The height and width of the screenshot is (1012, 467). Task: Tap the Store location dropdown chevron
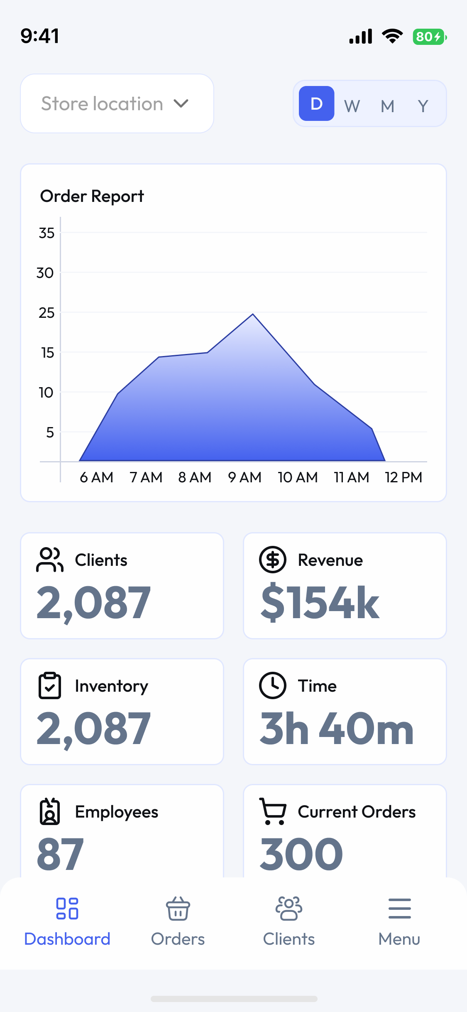pyautogui.click(x=181, y=103)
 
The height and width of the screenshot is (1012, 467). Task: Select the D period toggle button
pyautogui.click(x=316, y=103)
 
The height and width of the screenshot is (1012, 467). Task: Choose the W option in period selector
pyautogui.click(x=352, y=106)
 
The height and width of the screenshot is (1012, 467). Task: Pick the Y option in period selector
pyautogui.click(x=423, y=106)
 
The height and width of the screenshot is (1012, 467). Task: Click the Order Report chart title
pyautogui.click(x=92, y=196)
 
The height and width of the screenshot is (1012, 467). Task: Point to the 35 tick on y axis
pyautogui.click(x=46, y=233)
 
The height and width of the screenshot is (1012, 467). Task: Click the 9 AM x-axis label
pyautogui.click(x=245, y=477)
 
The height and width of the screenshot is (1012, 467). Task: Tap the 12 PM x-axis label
pyautogui.click(x=403, y=477)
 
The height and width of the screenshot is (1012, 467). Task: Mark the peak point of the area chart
pyautogui.click(x=253, y=314)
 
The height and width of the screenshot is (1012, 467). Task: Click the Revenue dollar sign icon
pyautogui.click(x=273, y=560)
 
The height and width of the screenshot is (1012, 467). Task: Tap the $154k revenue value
pyautogui.click(x=320, y=602)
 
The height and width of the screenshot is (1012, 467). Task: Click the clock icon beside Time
pyautogui.click(x=273, y=685)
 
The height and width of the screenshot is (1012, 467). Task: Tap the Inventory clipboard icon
pyautogui.click(x=50, y=685)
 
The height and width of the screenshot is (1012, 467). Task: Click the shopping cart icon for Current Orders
pyautogui.click(x=273, y=811)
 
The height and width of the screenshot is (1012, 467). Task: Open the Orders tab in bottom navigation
pyautogui.click(x=178, y=920)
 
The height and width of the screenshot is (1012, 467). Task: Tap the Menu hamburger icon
pyautogui.click(x=399, y=908)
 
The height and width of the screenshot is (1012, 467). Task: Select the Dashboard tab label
pyautogui.click(x=67, y=939)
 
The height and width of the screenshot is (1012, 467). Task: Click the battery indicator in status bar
pyautogui.click(x=429, y=37)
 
